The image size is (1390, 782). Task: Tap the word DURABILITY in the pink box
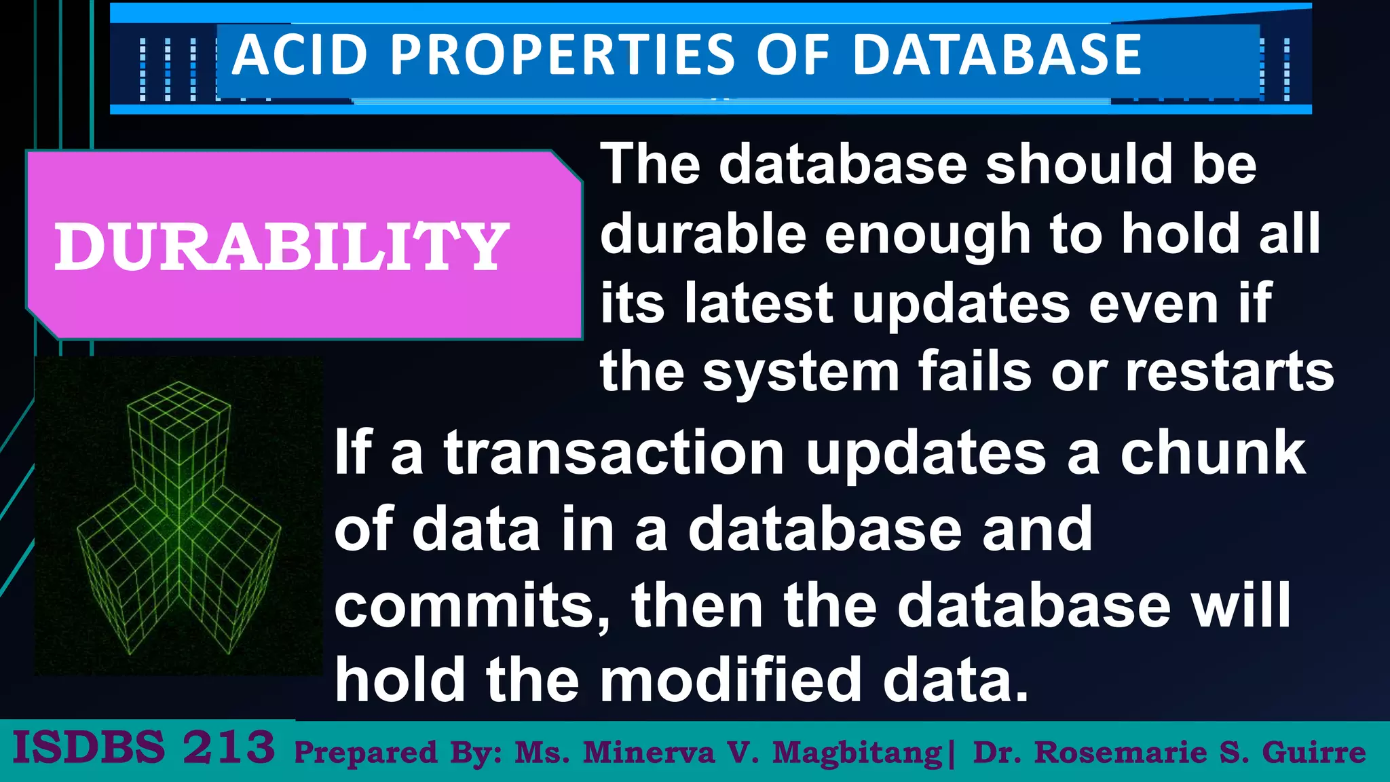(x=281, y=247)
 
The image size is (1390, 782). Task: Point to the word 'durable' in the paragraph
(x=702, y=234)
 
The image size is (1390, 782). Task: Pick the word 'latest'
(x=759, y=303)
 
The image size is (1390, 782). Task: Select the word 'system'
(x=801, y=374)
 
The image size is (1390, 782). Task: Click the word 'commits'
(x=472, y=606)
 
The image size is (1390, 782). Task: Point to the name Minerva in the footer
(x=648, y=753)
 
